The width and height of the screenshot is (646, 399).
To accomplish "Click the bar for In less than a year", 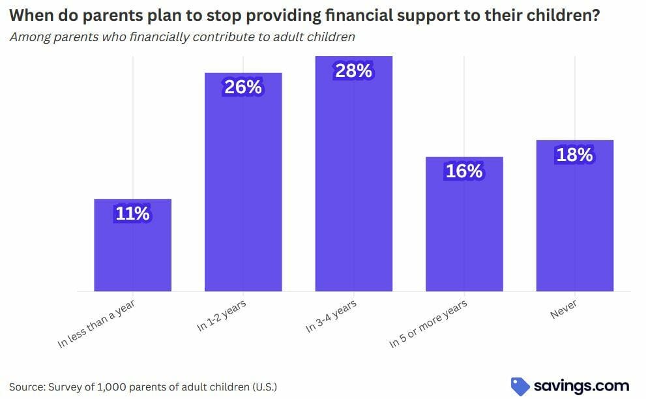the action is point(133,245).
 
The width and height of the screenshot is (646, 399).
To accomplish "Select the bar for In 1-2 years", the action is point(243,182).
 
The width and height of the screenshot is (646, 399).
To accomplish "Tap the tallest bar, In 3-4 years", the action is point(354,173).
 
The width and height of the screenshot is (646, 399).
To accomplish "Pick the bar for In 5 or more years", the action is point(464,224).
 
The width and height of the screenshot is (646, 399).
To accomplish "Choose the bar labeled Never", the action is point(575,216).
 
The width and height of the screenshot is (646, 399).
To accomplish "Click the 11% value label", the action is point(133,213).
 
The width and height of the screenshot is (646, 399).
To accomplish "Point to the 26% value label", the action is point(243,87).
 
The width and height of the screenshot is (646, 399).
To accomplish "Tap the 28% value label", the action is point(354,70).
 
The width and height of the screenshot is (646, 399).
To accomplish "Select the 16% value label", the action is point(464,171).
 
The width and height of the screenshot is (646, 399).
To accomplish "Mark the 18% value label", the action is point(575,155).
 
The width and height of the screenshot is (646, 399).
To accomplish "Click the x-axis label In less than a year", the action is point(96,324).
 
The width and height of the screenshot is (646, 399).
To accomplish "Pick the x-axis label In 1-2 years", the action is point(221,316).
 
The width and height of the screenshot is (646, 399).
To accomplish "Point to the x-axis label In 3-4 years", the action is point(331,316).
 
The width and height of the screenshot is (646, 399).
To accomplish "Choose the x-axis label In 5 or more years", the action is point(428,324).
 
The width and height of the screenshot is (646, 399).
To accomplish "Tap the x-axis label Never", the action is point(563,310).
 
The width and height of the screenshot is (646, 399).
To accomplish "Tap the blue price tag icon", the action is point(520,387).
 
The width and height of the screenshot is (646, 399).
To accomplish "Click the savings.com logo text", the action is point(581,387).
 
